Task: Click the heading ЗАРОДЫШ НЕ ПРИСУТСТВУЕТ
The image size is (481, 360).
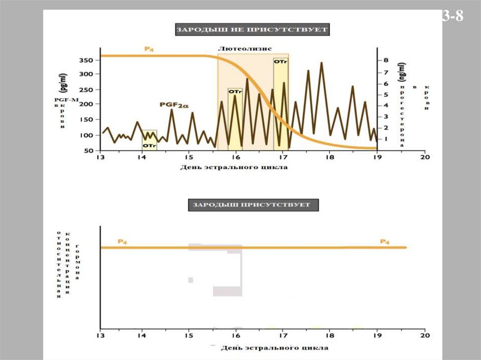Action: pos(252,30)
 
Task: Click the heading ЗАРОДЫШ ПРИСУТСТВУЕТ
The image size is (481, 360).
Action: pos(253,205)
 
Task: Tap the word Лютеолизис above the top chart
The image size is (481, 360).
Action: pos(245,49)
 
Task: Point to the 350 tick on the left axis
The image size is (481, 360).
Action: pos(87,61)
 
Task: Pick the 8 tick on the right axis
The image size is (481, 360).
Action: pos(386,61)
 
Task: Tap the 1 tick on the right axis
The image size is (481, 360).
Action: pos(386,139)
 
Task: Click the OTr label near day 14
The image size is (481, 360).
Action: pos(149,146)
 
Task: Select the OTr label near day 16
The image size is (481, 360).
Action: pos(235,92)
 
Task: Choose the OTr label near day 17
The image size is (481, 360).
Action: pos(280,61)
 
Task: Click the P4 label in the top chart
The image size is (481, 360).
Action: pos(149,49)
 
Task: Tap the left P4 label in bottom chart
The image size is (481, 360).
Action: pos(122,242)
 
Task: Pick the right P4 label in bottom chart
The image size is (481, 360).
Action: pos(385,242)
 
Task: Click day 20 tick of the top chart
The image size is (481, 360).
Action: pos(425,158)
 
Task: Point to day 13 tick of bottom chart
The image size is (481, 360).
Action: pos(100,336)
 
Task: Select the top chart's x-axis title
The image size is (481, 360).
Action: pos(233,167)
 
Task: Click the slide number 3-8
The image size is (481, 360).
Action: pos(453,17)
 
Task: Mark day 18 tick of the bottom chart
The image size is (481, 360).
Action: pos(330,336)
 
